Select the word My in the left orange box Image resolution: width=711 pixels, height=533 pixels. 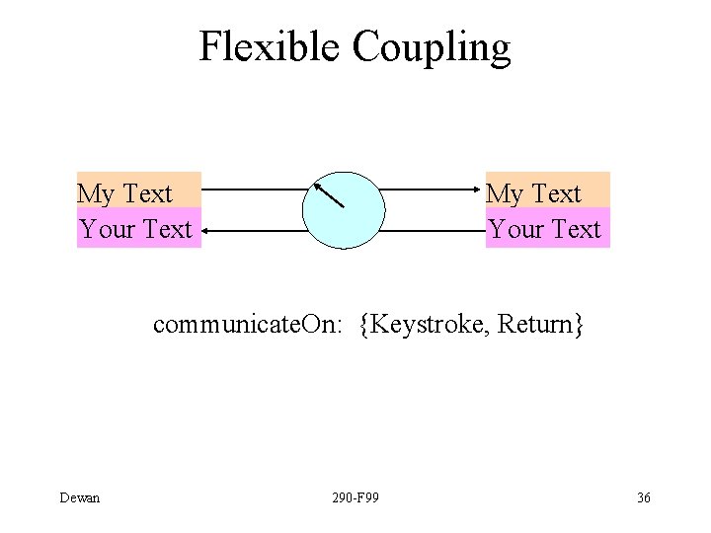coord(96,194)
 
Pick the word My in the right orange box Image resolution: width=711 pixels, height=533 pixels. coord(505,194)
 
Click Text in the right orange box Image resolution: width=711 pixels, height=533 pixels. coord(557,194)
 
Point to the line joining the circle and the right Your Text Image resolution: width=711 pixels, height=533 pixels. coord(433,231)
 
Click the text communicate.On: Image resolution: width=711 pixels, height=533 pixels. coord(248,325)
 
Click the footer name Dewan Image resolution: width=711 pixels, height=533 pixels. coord(80,497)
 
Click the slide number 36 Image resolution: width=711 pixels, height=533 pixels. coord(643,497)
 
